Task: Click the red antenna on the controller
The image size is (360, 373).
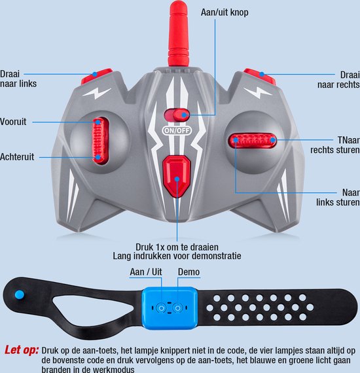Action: click(178, 33)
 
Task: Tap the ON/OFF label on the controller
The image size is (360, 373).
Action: click(177, 130)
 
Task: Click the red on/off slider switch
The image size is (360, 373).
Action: click(177, 115)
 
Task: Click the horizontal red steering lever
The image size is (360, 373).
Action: click(253, 140)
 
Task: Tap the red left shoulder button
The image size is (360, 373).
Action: click(97, 76)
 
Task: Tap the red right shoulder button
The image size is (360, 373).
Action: click(259, 76)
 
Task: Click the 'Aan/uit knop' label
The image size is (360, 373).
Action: click(225, 12)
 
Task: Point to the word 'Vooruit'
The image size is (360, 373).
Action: click(13, 122)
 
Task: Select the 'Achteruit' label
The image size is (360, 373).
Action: click(17, 157)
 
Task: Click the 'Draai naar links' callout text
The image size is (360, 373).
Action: click(18, 79)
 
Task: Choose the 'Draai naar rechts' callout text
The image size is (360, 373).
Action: click(338, 80)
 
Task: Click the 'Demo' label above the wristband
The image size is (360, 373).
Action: click(189, 272)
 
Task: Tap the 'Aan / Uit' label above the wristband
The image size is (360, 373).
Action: click(146, 272)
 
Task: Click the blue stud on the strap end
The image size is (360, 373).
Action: click(20, 294)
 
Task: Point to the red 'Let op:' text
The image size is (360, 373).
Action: click(22, 350)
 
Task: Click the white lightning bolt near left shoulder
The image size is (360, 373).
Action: click(97, 93)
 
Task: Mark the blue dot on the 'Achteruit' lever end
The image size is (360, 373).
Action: click(98, 157)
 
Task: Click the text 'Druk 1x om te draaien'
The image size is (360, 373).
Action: click(177, 247)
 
